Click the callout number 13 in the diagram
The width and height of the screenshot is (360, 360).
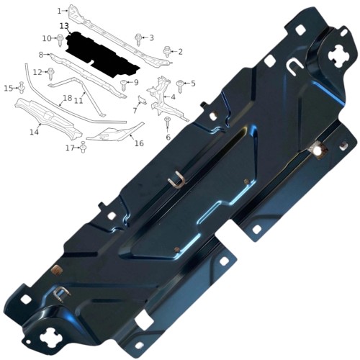(64, 26)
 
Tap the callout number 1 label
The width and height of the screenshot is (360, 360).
(59, 11)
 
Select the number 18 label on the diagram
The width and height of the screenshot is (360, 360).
(68, 98)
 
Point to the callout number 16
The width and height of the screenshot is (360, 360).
(139, 143)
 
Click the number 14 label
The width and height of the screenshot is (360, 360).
(34, 132)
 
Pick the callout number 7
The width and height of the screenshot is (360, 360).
(135, 111)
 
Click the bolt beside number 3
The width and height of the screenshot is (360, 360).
(138, 39)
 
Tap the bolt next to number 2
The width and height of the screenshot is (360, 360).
(167, 51)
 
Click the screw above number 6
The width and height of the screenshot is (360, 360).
(167, 121)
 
